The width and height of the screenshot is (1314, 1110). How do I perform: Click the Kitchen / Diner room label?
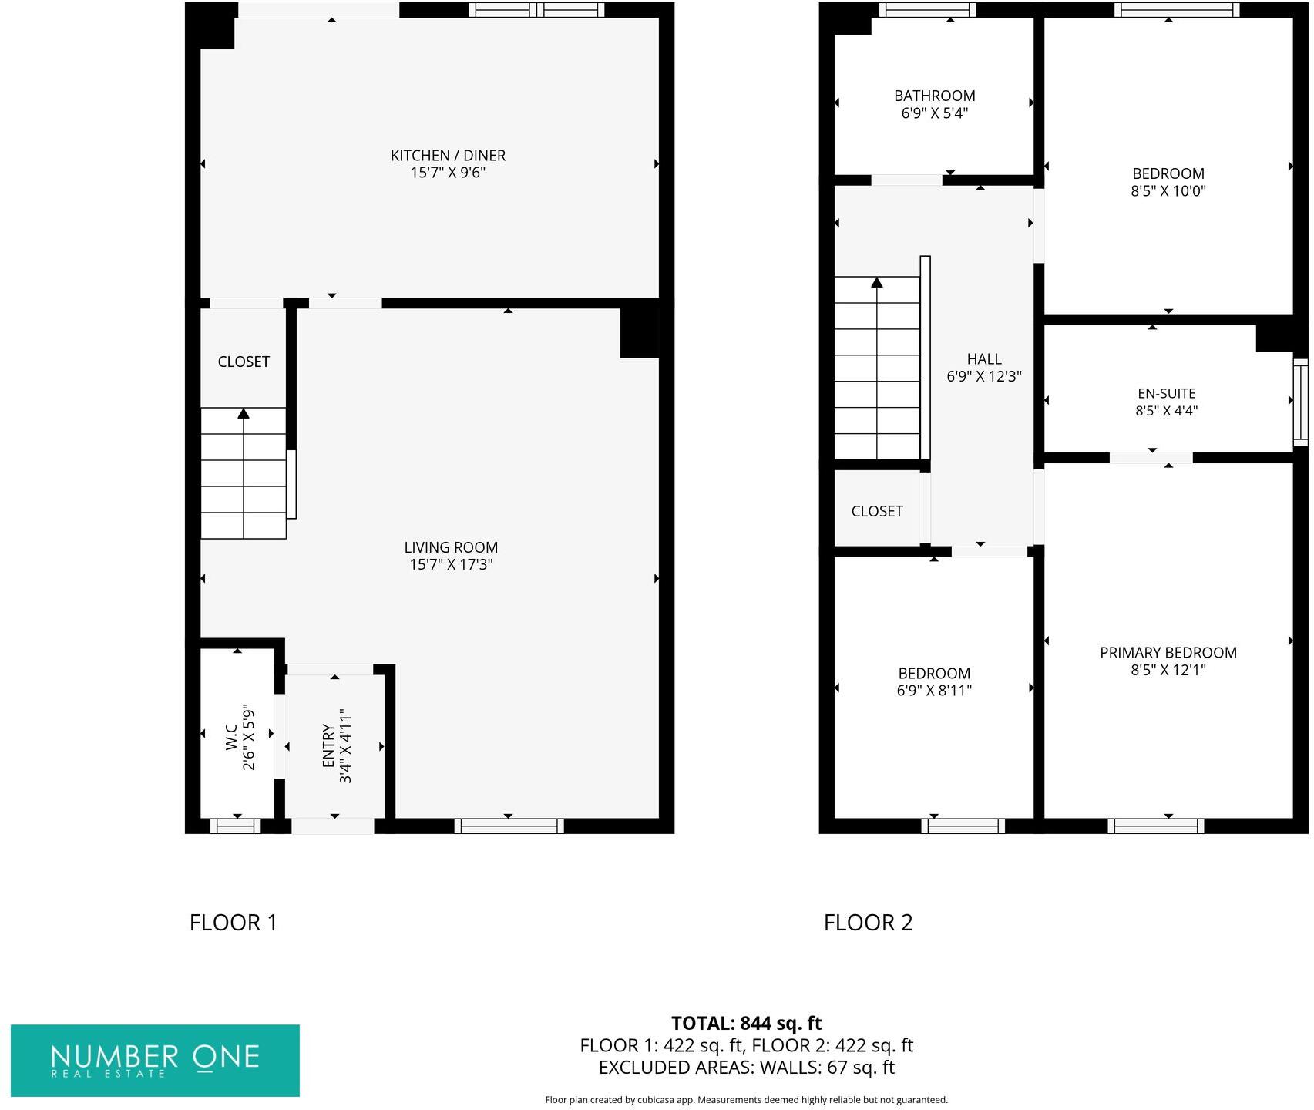448,156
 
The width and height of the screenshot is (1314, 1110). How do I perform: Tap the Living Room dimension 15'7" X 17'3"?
451,565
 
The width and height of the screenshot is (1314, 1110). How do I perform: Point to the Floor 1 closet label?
244,362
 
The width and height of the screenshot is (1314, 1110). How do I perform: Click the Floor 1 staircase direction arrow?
244,414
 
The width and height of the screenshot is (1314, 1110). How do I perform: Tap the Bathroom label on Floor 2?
934,96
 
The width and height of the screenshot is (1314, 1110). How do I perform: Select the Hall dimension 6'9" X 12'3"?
984,377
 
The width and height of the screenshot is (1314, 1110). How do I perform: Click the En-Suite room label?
1166,394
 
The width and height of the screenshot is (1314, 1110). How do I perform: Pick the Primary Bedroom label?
1168,653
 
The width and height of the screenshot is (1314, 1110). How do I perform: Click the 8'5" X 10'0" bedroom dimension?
1168,191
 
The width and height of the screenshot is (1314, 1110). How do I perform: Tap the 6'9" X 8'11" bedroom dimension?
933,691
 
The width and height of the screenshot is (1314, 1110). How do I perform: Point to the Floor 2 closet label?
876,511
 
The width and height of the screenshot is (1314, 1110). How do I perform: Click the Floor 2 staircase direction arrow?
876,283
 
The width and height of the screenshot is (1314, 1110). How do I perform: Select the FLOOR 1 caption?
233,923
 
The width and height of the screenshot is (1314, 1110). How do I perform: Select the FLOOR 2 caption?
868,923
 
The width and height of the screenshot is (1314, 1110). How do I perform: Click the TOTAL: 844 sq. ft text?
746,1024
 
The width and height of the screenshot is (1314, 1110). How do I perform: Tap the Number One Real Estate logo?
155,1060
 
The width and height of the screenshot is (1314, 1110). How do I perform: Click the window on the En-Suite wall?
1300,402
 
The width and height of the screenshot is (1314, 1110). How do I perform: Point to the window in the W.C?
235,826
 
